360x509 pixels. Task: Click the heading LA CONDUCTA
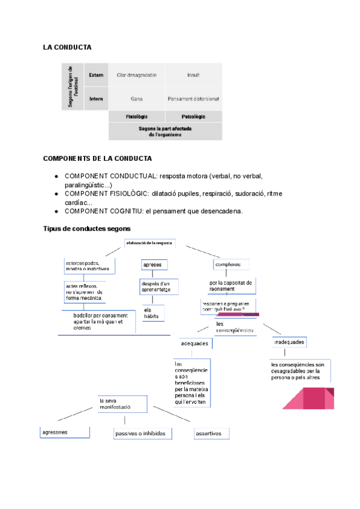tap(67, 47)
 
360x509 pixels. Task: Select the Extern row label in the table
tap(96, 75)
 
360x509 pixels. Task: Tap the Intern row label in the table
tap(96, 98)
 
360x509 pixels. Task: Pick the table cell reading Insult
tap(193, 75)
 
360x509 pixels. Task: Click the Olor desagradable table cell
tap(136, 75)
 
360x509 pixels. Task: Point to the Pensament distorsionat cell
tap(193, 98)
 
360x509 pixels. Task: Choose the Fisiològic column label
tap(136, 116)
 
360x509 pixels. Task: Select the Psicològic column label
tap(193, 116)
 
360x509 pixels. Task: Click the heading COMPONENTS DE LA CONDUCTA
tap(97, 158)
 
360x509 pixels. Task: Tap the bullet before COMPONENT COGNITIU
tap(56, 211)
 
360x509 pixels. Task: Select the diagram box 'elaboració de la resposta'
tap(150, 243)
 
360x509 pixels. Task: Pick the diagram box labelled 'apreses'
tap(154, 265)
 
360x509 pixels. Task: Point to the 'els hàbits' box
tap(154, 313)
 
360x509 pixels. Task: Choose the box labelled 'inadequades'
tap(290, 342)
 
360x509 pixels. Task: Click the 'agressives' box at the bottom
tap(65, 432)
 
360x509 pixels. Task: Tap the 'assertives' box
tap(211, 433)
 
